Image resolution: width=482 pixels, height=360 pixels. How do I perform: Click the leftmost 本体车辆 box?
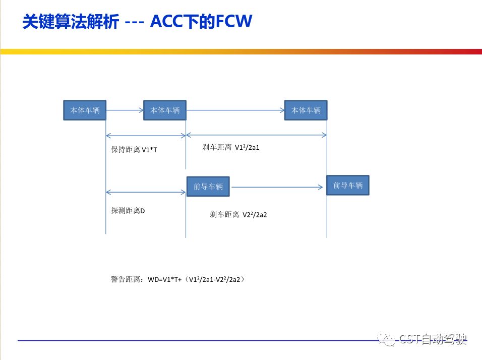pyautogui.click(x=85, y=110)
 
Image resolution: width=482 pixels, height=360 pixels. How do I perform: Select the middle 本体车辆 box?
pyautogui.click(x=165, y=110)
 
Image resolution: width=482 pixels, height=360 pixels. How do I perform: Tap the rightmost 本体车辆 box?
pyautogui.click(x=306, y=110)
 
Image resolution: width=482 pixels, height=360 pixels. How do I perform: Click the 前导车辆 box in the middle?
pyautogui.click(x=208, y=187)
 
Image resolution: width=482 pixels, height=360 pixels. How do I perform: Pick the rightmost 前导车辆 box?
pyautogui.click(x=347, y=185)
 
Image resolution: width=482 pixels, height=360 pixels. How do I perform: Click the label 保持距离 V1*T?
pyautogui.click(x=134, y=150)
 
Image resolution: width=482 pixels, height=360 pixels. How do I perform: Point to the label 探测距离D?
pyautogui.click(x=128, y=211)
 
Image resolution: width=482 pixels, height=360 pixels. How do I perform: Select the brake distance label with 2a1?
pyautogui.click(x=231, y=148)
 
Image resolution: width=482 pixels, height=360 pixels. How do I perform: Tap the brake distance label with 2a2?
pyautogui.click(x=238, y=214)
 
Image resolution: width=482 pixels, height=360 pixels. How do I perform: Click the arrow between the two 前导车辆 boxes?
pyautogui.click(x=277, y=187)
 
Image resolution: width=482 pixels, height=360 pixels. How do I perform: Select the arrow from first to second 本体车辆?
pyautogui.click(x=125, y=110)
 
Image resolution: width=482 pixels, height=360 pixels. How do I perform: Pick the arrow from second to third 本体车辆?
pyautogui.click(x=235, y=110)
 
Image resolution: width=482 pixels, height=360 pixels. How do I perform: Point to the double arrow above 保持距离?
pyautogui.click(x=146, y=135)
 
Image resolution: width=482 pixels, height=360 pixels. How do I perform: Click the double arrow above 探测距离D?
pyautogui.click(x=146, y=192)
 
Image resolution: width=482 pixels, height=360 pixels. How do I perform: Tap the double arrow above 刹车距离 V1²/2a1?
pyautogui.click(x=256, y=135)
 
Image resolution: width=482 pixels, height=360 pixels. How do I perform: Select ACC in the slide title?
pyautogui.click(x=170, y=22)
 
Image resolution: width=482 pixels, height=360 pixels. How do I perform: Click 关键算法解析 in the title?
pyautogui.click(x=71, y=22)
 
